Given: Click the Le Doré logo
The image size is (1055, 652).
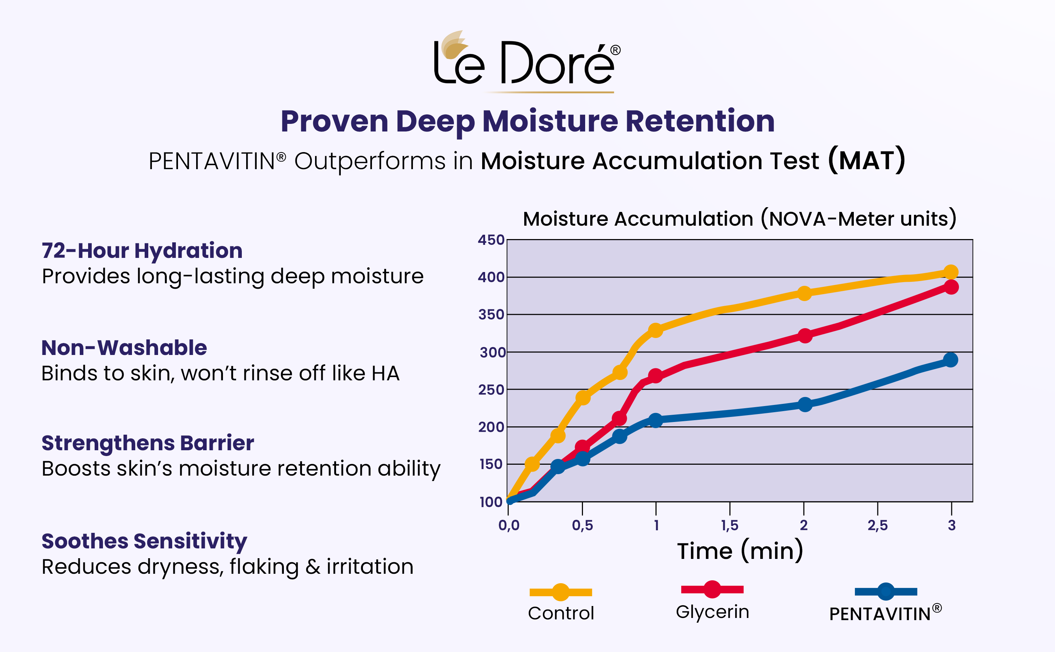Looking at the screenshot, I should tap(527, 60).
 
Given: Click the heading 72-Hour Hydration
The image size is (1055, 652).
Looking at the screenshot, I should tap(142, 251).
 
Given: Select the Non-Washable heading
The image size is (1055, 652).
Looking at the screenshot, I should tap(124, 348).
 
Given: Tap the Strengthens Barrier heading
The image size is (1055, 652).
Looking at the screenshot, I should tap(148, 443).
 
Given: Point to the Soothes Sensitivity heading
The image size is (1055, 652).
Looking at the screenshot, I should tap(144, 541).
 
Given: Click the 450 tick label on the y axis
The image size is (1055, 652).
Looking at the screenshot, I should tap(491, 240).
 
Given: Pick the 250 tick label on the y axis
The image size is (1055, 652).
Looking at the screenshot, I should tap(491, 390).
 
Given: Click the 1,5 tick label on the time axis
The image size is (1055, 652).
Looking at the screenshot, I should tap(730, 525).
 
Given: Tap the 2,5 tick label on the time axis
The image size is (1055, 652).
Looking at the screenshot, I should tap(878, 525).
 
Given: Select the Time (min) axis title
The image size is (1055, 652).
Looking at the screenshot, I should tap(740, 551).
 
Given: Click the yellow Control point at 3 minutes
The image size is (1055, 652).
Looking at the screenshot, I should tap(951, 272).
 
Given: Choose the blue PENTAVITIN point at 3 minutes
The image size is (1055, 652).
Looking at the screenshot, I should tap(951, 360).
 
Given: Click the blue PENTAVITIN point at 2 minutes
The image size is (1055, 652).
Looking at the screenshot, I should tap(805, 405).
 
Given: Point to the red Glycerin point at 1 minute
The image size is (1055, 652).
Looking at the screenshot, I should tap(655, 376).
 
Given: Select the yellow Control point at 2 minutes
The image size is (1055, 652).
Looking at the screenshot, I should tap(804, 294).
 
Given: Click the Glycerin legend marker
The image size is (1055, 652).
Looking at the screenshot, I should tap(712, 589).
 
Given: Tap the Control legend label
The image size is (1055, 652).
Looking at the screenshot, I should tap(561, 613).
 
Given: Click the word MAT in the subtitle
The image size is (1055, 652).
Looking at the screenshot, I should tap(866, 161).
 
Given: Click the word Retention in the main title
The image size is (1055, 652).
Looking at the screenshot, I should tap(700, 121).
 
